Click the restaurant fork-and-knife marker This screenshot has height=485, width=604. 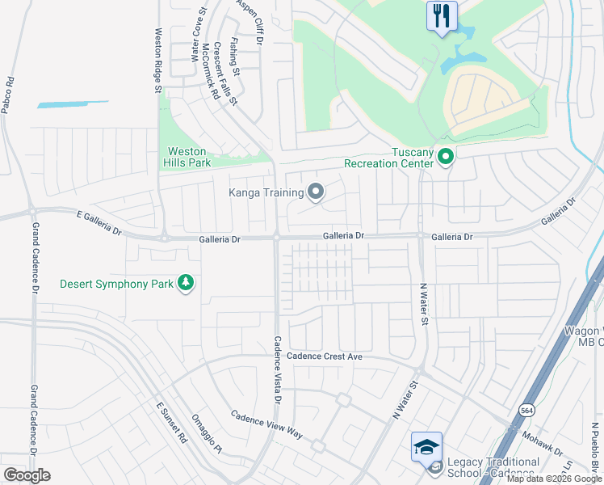tap(441, 16)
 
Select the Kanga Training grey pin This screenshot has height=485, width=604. tap(316, 192)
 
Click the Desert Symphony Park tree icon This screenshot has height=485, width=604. tap(187, 283)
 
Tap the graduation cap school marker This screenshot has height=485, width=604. tap(426, 445)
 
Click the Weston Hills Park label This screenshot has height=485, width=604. tap(189, 157)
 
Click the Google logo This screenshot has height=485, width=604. tap(26, 474)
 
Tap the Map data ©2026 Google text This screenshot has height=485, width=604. tap(554, 479)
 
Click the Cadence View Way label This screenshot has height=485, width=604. tap(266, 424)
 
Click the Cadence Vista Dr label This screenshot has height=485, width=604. tap(277, 370)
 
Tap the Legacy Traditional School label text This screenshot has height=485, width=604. tap(493, 467)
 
